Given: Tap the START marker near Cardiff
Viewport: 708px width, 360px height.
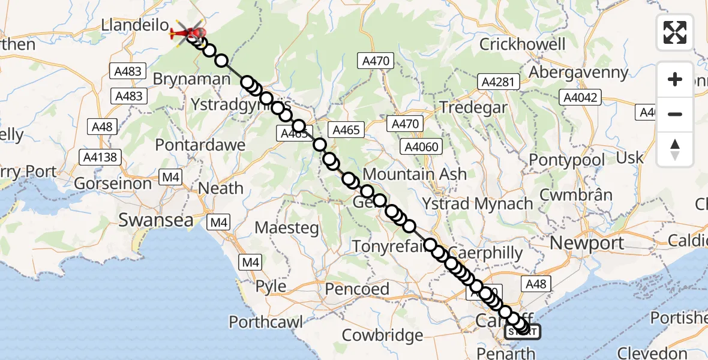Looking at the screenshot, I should point(523,332).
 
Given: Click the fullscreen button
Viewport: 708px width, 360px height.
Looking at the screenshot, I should point(675,32).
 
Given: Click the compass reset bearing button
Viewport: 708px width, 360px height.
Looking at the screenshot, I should point(675,149).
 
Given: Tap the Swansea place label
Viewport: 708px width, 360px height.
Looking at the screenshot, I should point(156,220).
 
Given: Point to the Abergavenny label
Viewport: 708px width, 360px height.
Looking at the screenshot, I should point(578,73).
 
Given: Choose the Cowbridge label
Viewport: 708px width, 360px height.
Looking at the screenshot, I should point(382,335).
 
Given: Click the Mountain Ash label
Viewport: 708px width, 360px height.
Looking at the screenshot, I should point(415,174).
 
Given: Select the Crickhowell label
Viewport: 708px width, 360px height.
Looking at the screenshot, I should point(523,44).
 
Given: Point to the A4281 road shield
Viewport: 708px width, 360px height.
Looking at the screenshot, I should point(497,82).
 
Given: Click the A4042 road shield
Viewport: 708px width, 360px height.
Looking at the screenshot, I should point(580,97).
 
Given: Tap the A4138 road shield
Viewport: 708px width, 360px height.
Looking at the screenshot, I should point(101,157).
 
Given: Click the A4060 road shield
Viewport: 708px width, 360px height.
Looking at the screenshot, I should point(422,146).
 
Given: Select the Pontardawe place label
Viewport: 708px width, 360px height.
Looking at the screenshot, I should point(200,145).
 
